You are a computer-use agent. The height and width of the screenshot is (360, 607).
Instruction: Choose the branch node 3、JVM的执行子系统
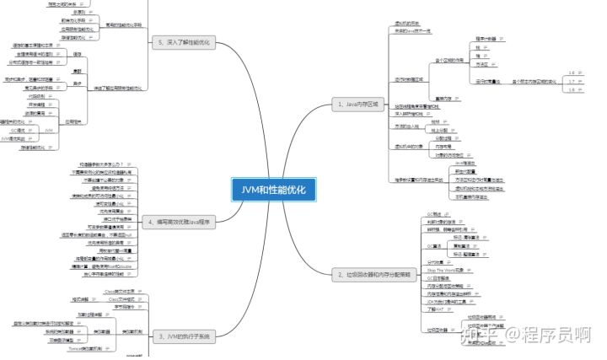point(183,336)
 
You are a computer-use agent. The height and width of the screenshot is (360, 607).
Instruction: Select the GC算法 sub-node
point(434,246)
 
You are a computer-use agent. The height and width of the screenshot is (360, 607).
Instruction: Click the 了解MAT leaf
point(437,309)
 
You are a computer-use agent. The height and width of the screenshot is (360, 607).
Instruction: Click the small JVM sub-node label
point(49,131)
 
